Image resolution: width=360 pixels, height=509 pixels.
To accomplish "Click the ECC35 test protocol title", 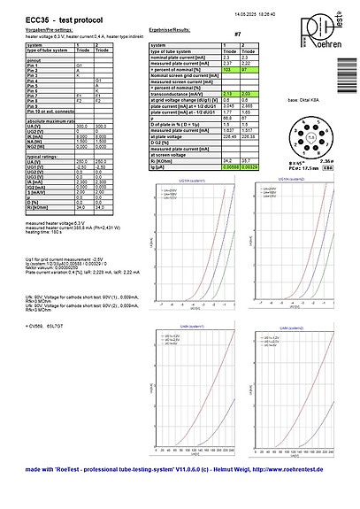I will tap(55, 19).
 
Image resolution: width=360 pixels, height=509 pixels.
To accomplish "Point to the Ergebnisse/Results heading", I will tap(172, 30).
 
